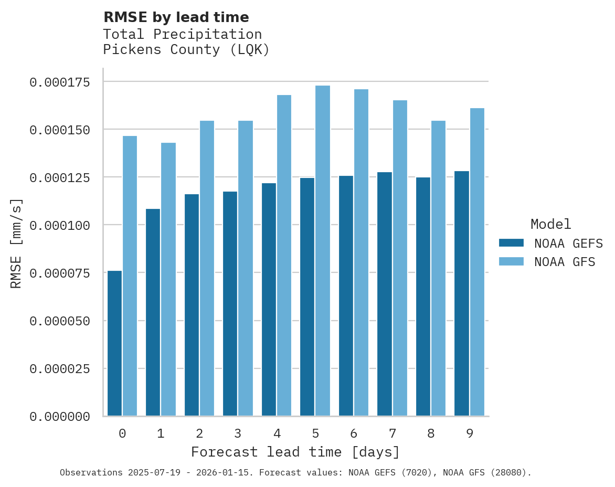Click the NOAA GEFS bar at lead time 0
[114, 343]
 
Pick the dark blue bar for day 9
[462, 293]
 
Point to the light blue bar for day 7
[400, 258]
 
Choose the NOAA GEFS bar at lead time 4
[269, 299]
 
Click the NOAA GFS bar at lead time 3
[246, 268]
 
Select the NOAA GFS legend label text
[565, 262]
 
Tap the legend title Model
[550, 224]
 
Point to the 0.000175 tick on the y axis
[59, 82]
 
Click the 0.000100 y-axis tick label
[59, 225]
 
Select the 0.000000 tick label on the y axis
[59, 417]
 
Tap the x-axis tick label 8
[431, 433]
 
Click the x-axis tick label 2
[199, 433]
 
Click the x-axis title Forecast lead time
[295, 452]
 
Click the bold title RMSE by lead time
[176, 17]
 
